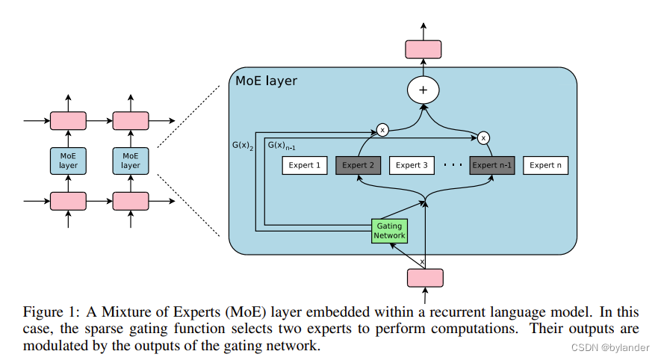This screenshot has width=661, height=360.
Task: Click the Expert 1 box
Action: pos(304,165)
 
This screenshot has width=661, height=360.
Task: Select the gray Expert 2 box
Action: pos(359,165)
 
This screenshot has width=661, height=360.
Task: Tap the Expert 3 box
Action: pos(412,165)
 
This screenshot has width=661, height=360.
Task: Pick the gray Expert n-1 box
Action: pos(492,165)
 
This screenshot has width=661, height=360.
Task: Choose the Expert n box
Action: pos(545,165)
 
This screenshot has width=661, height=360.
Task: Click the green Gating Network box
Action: pos(390,230)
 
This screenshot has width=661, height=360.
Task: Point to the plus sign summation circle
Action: pos(423,90)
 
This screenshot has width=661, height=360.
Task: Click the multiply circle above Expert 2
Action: pos(383,130)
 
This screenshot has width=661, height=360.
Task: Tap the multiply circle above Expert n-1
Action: pos(484,137)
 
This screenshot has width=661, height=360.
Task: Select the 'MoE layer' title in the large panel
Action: pos(266,81)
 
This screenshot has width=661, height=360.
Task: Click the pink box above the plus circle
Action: pos(423,49)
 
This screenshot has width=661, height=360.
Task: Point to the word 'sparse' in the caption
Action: pos(113,329)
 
